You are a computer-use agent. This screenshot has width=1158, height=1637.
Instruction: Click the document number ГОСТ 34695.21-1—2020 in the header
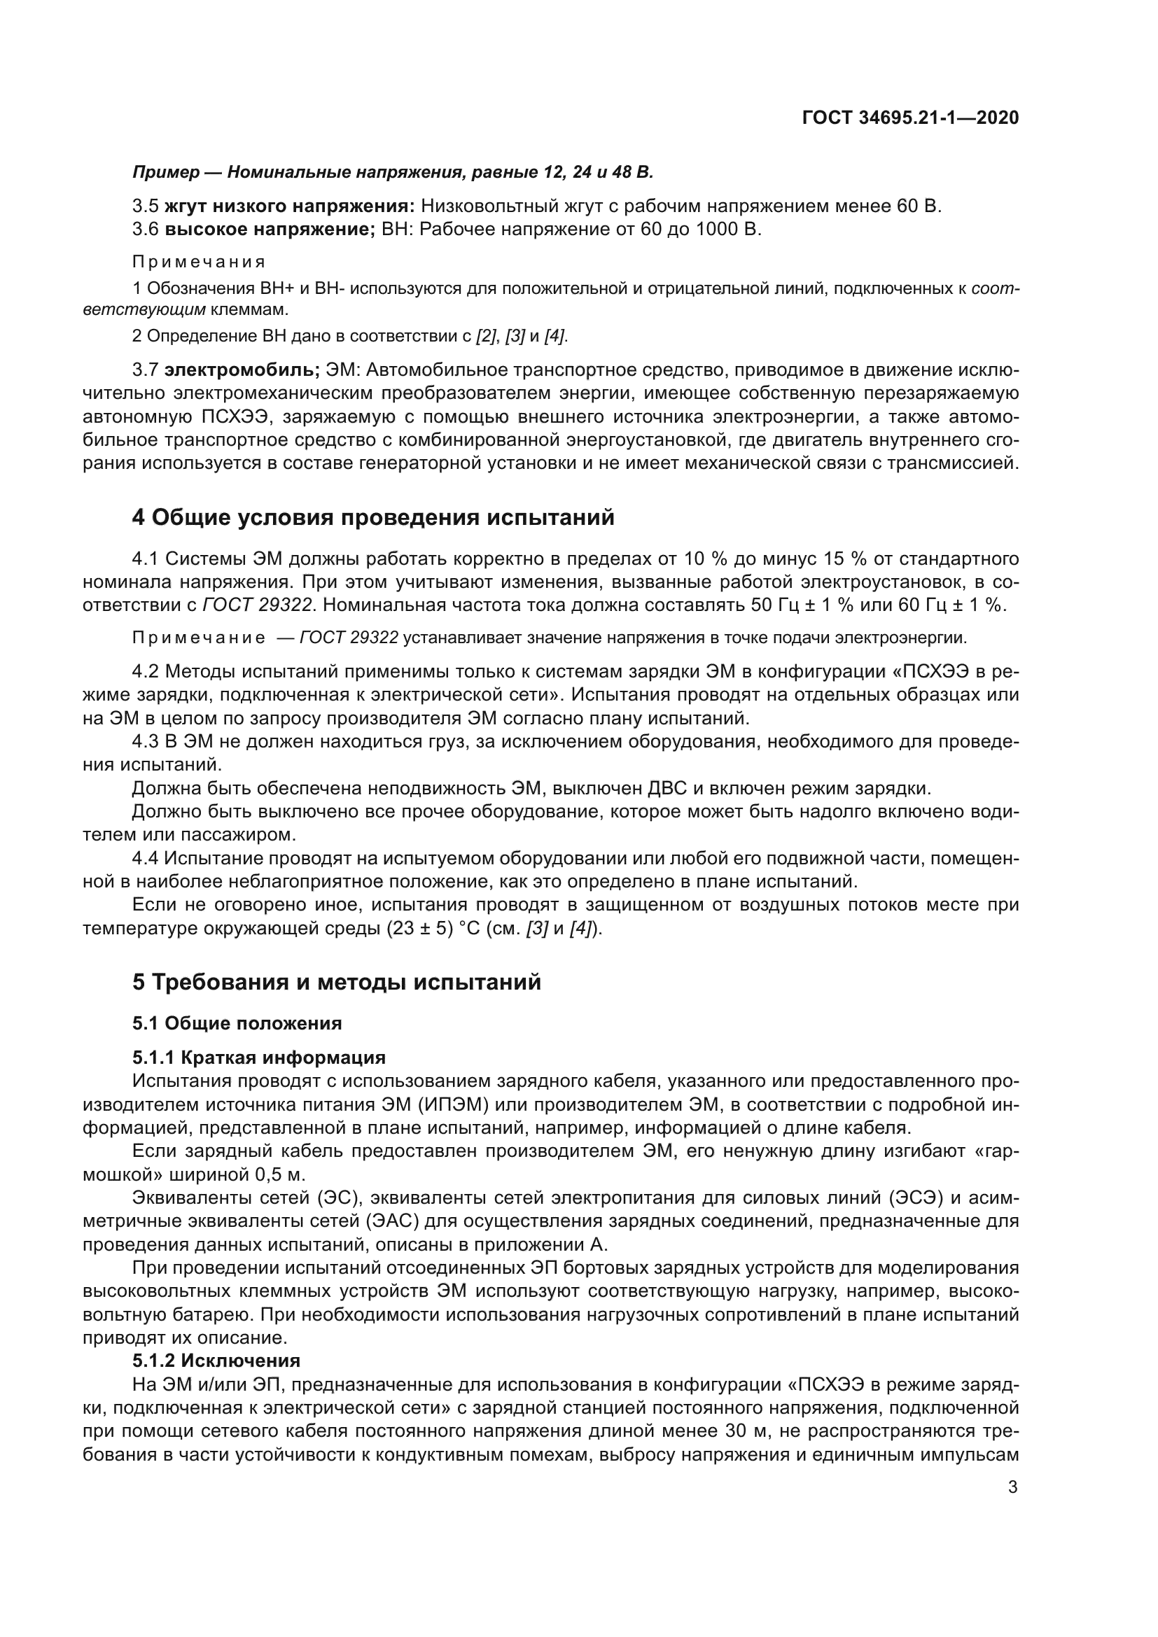click(911, 118)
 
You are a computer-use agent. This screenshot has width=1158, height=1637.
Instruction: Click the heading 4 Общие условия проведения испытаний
click(373, 517)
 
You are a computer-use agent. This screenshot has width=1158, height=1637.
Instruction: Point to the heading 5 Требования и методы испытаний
click(337, 982)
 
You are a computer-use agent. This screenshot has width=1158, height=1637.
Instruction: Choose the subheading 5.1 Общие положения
click(237, 1023)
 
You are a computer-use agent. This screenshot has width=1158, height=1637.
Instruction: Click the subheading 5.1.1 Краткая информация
click(259, 1057)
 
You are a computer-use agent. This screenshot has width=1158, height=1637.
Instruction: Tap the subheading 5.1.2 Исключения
click(216, 1360)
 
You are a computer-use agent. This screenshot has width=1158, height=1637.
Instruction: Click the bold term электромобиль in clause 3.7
click(242, 370)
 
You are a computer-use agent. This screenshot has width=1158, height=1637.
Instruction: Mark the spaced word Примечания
click(199, 262)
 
